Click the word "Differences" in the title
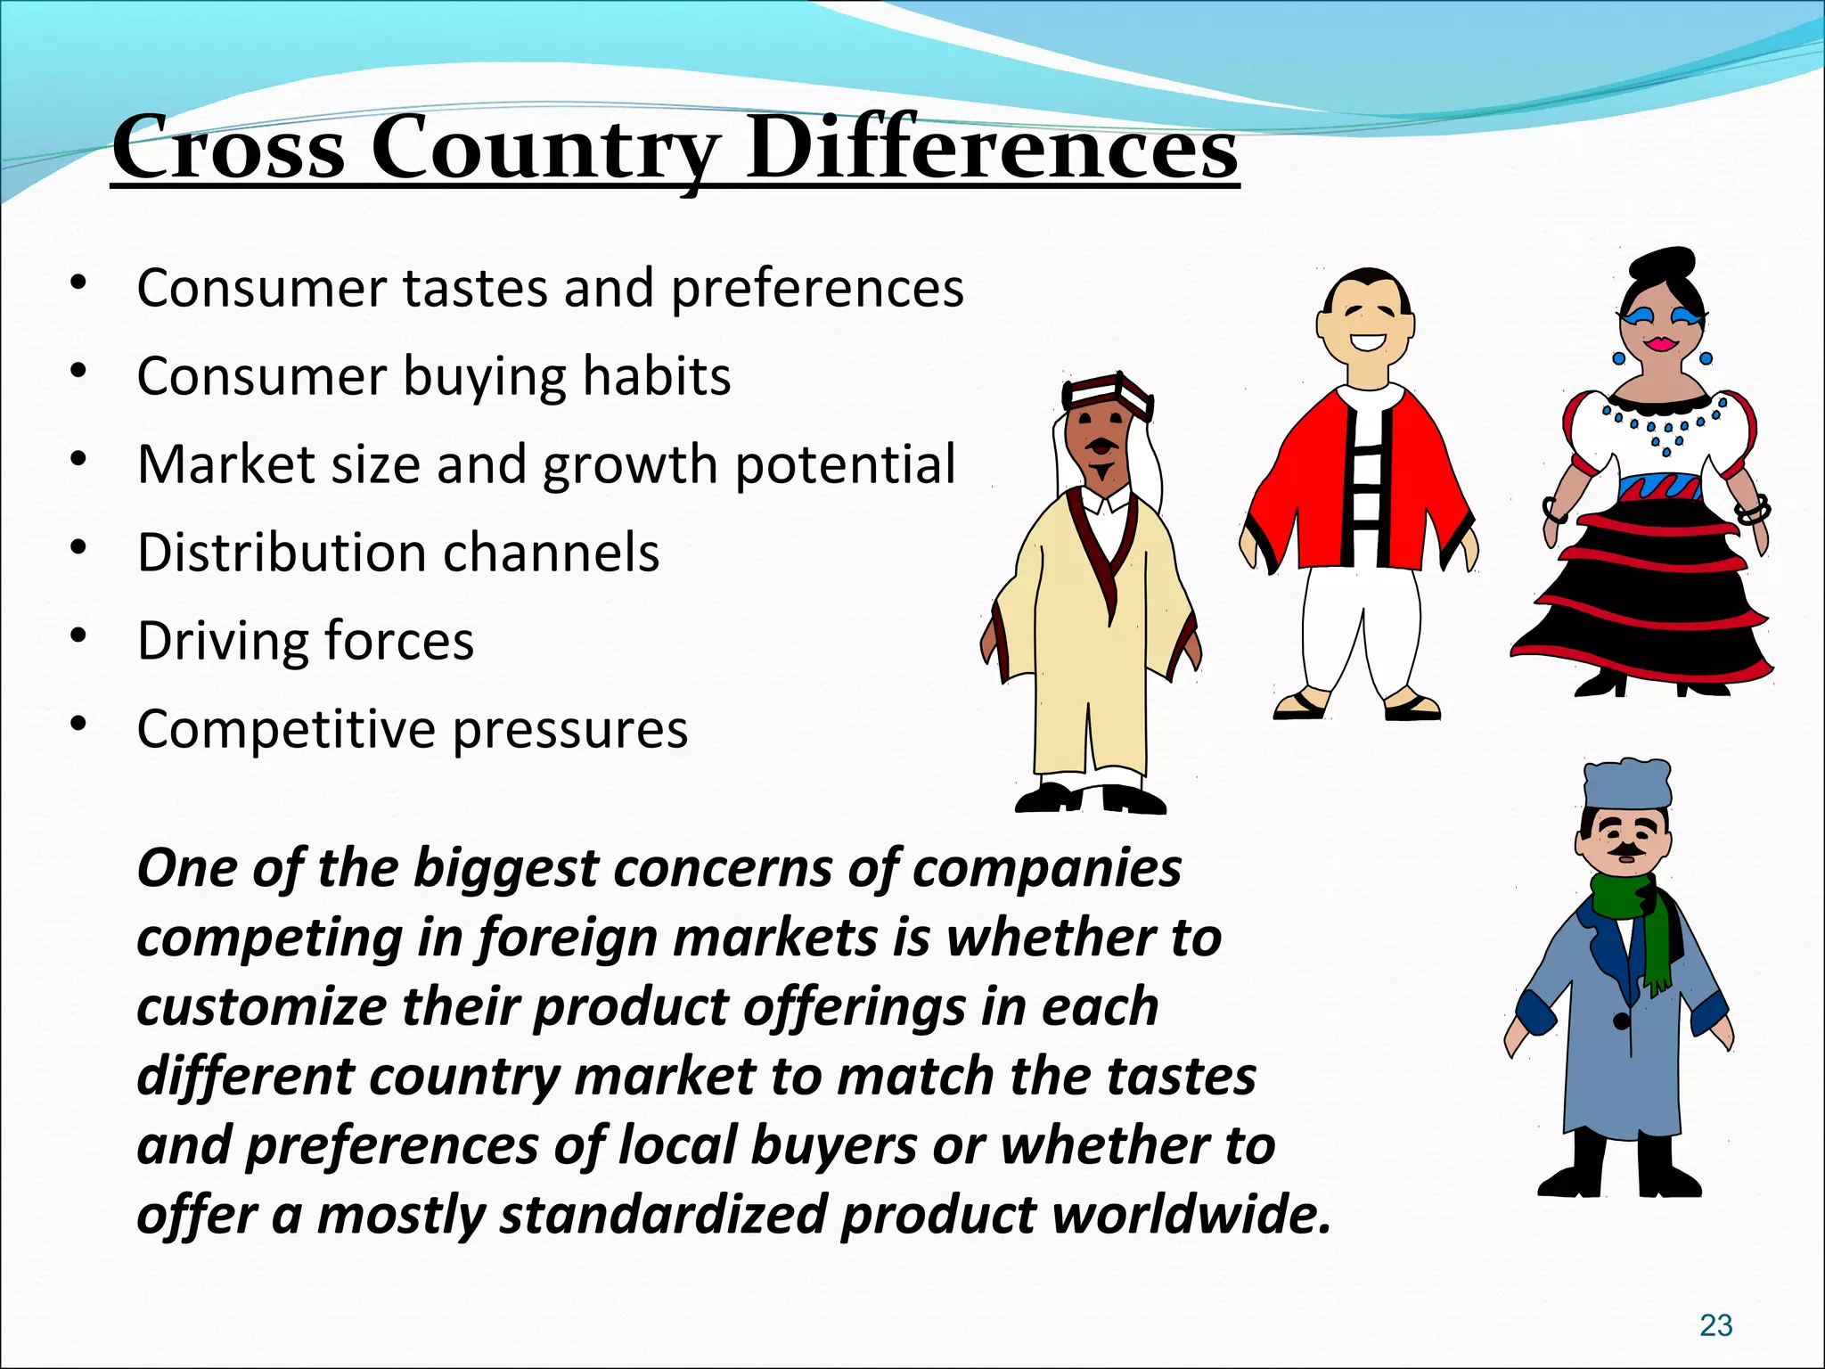tap(992, 147)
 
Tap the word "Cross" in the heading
tap(228, 147)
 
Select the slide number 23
tap(1715, 1325)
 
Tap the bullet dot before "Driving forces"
tap(79, 635)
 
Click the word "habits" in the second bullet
tap(656, 376)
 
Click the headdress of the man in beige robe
tap(1108, 393)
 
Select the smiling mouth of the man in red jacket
tap(1367, 340)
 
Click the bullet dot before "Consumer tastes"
tap(79, 283)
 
